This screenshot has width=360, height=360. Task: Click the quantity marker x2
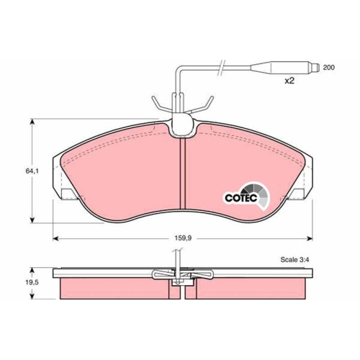289,81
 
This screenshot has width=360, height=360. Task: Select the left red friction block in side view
115,288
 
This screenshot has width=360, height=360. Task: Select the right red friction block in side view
252,288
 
